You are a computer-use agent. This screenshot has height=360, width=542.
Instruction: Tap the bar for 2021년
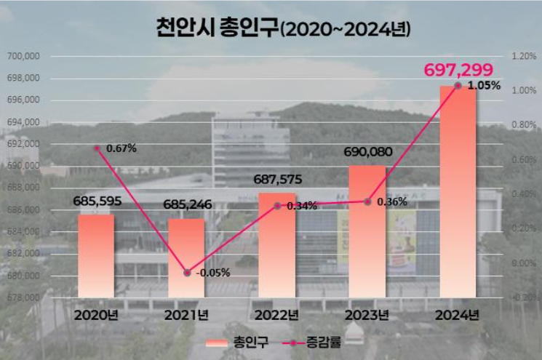186,258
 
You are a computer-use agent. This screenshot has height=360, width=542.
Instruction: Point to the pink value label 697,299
457,70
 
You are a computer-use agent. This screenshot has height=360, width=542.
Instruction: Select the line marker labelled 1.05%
458,86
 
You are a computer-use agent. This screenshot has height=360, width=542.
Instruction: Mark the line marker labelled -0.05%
187,273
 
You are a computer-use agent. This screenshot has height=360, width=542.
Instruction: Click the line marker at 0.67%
97,148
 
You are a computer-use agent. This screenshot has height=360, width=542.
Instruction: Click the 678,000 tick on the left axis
23,297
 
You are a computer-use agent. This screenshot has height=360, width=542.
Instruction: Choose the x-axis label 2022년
277,316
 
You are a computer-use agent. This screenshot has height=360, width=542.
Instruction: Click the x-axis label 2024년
458,316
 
